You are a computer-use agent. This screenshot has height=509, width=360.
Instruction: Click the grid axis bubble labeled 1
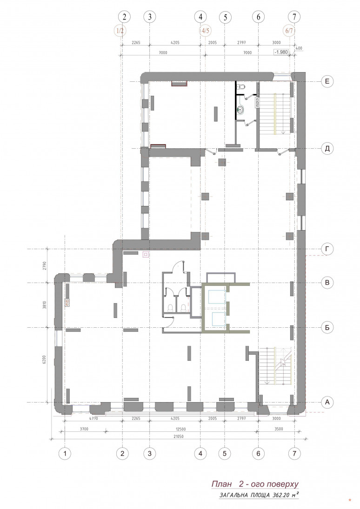pyautogui.click(x=65, y=453)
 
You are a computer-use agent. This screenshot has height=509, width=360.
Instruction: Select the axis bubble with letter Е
pyautogui.click(x=327, y=81)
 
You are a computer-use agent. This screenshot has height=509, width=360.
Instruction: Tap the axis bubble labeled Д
pyautogui.click(x=327, y=149)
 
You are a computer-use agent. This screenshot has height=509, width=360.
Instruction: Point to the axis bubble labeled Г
pyautogui.click(x=327, y=249)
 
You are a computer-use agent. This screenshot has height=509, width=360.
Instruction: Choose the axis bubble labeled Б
pyautogui.click(x=327, y=328)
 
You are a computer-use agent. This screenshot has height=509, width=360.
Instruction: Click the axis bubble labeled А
pyautogui.click(x=327, y=402)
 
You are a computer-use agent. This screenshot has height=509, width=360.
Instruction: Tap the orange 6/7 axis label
pyautogui.click(x=289, y=31)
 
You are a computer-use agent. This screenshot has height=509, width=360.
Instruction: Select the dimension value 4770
pyautogui.click(x=93, y=418)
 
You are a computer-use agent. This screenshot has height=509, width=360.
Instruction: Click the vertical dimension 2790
pyautogui.click(x=45, y=266)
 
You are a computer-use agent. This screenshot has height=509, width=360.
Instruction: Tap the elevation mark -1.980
pyautogui.click(x=281, y=52)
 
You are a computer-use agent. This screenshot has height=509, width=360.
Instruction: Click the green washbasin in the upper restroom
pyautogui.click(x=240, y=110)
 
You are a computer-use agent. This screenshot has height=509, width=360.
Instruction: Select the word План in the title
pyautogui.click(x=222, y=484)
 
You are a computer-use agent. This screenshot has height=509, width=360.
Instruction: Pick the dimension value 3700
pyautogui.click(x=84, y=429)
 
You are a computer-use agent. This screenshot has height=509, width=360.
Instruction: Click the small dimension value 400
pyautogui.click(x=299, y=48)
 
